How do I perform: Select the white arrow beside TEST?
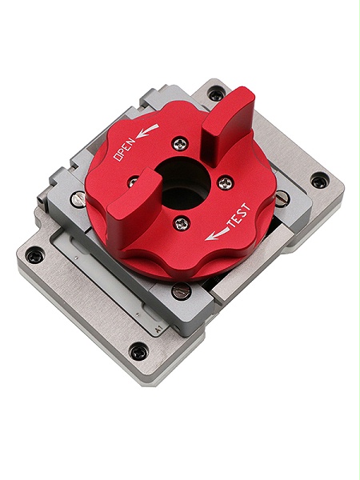tap(215, 234)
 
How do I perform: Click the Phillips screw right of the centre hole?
tap(225, 182)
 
